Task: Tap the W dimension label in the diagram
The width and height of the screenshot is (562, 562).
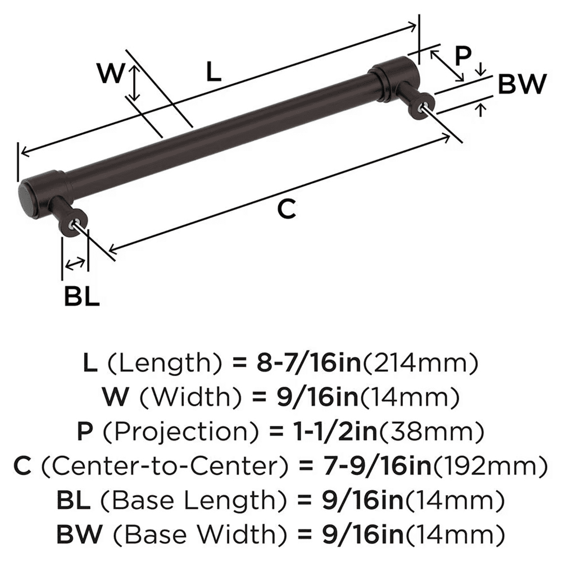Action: (x=110, y=74)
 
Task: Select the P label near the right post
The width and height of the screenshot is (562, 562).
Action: (x=462, y=56)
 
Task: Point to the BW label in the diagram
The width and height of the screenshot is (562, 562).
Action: (x=522, y=85)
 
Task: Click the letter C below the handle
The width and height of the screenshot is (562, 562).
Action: (x=287, y=210)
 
